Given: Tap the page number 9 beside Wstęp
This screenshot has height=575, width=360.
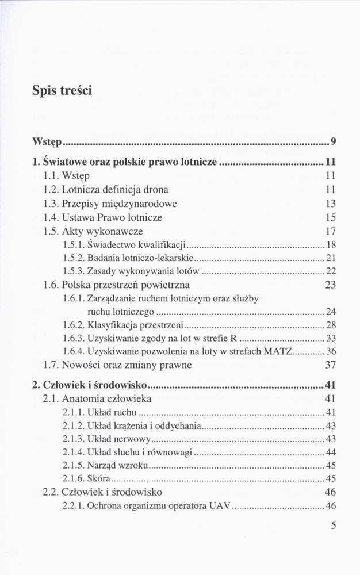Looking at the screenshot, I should coord(334,142).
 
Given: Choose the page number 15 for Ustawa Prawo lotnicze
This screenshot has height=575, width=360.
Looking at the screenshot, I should coord(330,218).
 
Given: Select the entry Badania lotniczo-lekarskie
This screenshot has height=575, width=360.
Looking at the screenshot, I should coord(140,258).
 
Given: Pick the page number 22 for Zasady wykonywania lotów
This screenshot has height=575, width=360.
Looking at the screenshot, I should coord(331,271).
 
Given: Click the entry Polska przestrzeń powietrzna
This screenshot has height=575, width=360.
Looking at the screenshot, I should coord(125,285).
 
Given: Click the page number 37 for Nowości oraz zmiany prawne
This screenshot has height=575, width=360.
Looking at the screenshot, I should coord(330,365).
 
